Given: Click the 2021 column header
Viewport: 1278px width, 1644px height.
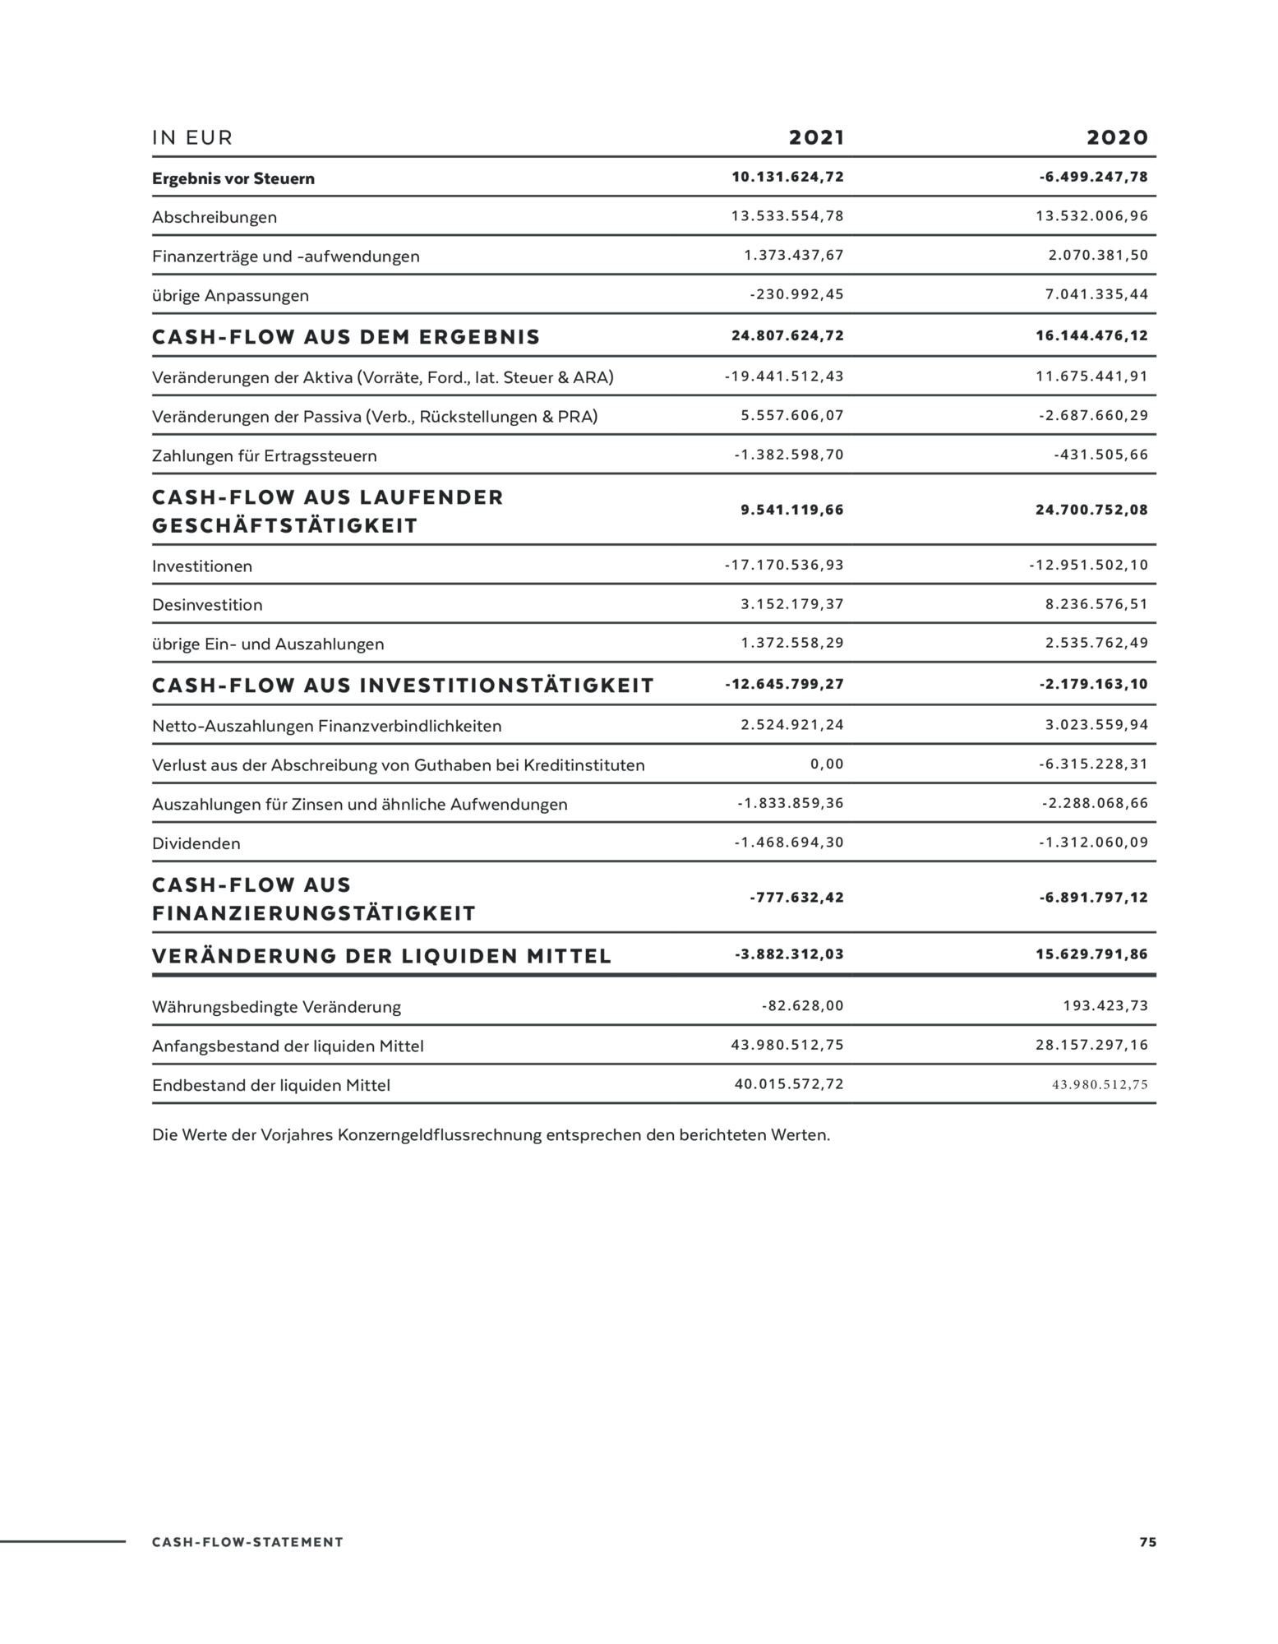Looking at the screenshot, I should tap(816, 137).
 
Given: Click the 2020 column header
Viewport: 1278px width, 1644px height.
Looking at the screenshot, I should tap(1117, 137).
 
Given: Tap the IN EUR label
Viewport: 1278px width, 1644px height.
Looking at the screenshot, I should tap(192, 138).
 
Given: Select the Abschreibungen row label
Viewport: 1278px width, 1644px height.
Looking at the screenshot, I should tap(215, 218).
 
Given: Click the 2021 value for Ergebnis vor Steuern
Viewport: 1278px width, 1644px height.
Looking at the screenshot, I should tap(787, 177).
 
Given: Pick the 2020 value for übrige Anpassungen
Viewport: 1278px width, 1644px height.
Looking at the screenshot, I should tap(1096, 294).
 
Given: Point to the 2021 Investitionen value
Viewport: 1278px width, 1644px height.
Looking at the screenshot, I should tap(784, 565).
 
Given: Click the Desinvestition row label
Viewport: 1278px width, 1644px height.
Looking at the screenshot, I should tap(207, 605).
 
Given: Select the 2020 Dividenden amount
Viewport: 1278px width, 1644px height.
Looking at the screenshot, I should tap(1093, 842).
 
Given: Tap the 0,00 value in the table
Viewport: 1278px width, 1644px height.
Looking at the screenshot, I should tap(827, 764).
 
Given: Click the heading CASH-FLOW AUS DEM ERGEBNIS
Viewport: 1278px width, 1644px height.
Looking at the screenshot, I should tap(346, 337).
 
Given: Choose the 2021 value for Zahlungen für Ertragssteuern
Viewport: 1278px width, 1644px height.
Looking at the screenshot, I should tap(789, 455).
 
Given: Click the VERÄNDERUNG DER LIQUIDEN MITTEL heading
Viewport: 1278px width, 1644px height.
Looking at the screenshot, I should tap(382, 956).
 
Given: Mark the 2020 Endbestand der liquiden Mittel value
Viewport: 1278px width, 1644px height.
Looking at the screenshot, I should tap(1100, 1084).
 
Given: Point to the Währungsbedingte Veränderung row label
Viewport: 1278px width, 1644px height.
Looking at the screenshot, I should tap(276, 1007).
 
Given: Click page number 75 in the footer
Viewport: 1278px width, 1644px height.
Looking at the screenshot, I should tap(1147, 1542).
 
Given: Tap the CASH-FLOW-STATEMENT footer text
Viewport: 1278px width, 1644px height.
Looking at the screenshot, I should tap(247, 1542).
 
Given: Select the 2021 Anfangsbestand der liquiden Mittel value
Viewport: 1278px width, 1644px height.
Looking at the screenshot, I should tap(787, 1045).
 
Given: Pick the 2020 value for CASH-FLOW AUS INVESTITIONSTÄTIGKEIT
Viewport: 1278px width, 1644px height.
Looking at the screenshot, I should tap(1093, 684).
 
